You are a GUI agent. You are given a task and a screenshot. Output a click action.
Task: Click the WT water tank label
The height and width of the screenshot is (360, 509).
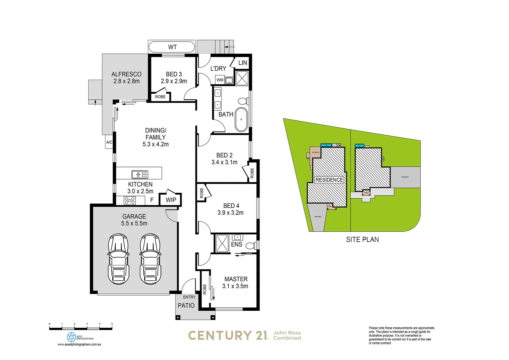172,47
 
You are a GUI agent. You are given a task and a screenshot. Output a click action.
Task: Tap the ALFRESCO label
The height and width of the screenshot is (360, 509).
126,74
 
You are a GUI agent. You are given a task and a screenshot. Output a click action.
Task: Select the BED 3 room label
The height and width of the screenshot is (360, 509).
174,74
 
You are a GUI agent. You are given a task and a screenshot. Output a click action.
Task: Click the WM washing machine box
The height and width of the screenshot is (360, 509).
220,80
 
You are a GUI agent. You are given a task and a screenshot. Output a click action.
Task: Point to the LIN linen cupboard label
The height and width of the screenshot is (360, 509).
243,63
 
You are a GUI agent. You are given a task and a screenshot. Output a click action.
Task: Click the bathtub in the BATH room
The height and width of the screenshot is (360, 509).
241,119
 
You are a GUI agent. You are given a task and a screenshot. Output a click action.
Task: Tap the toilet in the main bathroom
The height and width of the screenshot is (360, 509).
243,101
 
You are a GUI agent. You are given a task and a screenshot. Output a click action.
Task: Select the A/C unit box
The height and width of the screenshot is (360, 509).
109,142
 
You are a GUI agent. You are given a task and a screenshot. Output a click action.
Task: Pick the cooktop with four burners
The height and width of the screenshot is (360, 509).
130,200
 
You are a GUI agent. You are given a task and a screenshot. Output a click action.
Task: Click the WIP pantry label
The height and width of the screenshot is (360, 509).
171,200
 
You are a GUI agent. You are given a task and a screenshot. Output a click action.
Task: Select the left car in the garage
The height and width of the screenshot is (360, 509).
118,259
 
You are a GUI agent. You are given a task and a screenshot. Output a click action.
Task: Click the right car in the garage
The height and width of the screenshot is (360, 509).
150,259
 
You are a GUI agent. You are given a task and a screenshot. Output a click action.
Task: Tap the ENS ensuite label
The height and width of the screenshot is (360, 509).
237,244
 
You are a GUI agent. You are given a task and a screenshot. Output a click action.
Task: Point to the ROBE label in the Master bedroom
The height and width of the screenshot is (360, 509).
205,289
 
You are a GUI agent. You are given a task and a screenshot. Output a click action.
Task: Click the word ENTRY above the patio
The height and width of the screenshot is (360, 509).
189,297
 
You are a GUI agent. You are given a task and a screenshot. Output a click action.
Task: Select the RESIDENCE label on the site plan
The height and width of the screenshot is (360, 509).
329,180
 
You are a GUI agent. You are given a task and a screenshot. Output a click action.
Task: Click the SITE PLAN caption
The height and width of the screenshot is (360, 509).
362,239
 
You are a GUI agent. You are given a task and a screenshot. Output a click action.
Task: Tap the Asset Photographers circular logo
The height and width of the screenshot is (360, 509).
71,337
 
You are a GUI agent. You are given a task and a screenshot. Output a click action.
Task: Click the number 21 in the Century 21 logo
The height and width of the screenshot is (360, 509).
262,335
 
